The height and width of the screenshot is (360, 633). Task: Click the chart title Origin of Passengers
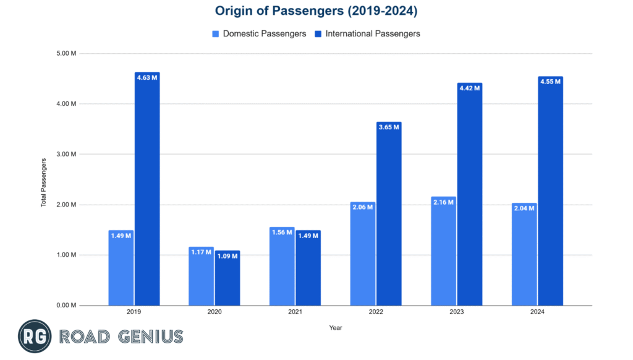point(316,11)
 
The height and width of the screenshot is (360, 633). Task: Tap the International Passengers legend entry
point(367,33)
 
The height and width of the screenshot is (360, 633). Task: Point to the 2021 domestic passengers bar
point(282,266)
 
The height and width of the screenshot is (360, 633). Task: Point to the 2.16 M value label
point(443,202)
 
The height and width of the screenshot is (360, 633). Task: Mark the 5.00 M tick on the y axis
point(66,53)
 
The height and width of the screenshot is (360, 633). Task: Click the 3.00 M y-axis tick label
point(66,154)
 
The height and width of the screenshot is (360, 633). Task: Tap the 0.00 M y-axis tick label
point(66,306)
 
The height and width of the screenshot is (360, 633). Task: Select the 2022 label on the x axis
point(376,313)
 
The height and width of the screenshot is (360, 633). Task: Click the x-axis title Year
point(335,328)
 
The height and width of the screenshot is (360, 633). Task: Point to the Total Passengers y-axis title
point(44,182)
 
